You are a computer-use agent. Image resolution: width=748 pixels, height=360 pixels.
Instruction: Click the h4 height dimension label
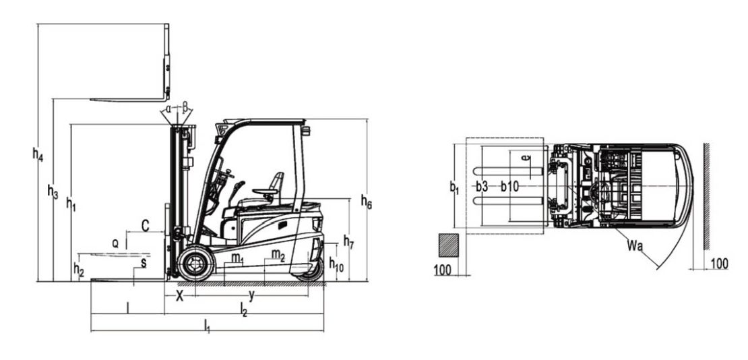click(x=38, y=154)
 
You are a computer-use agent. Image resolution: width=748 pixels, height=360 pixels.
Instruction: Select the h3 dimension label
click(x=53, y=191)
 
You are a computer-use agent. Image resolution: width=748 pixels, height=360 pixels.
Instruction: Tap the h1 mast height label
click(x=71, y=204)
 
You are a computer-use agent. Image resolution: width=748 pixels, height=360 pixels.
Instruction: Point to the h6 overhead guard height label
click(x=367, y=202)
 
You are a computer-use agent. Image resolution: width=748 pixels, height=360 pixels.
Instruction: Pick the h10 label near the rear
click(x=336, y=264)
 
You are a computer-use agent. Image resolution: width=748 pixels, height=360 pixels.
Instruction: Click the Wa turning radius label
click(x=635, y=246)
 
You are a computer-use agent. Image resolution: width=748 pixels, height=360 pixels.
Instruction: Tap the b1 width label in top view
click(x=454, y=187)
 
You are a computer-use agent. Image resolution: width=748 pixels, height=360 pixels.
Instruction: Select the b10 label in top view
click(x=509, y=187)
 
